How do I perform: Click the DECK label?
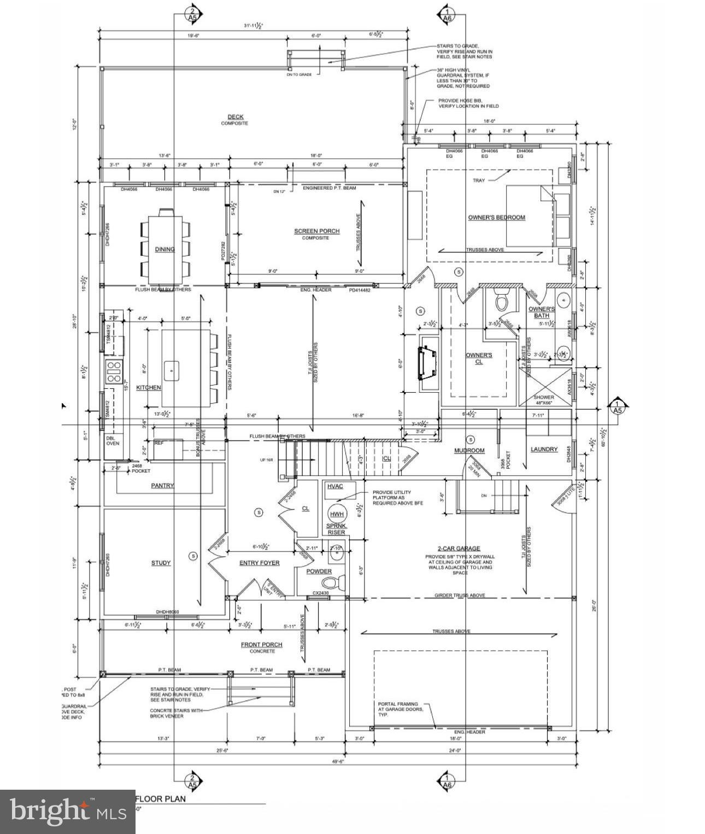click(x=236, y=116)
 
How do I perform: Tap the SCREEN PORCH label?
click(x=316, y=231)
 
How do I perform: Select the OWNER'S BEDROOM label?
click(x=496, y=217)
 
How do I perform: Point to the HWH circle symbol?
click(x=337, y=514)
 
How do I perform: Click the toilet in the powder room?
click(x=339, y=582)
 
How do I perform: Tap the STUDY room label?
click(x=161, y=563)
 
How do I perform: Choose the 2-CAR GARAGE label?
click(x=459, y=548)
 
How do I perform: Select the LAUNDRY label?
click(x=544, y=449)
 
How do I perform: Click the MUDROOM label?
click(x=469, y=451)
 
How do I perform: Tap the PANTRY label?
click(x=162, y=485)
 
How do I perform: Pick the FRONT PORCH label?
click(x=262, y=645)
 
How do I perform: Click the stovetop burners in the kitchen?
click(x=114, y=371)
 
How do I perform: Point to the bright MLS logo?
click(x=67, y=811)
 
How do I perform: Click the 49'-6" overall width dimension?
click(x=339, y=761)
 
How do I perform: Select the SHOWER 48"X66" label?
click(x=543, y=400)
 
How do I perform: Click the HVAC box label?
click(x=334, y=486)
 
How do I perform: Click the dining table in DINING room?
click(x=166, y=249)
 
